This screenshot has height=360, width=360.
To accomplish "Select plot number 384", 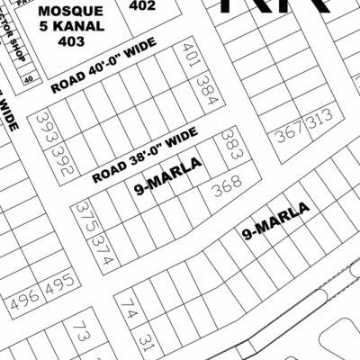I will coord(207,90).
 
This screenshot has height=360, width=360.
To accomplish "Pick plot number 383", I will coord(231,145).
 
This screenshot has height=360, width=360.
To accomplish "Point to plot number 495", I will coord(58,284).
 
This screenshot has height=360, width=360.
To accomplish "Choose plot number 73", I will coord(80,332).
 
